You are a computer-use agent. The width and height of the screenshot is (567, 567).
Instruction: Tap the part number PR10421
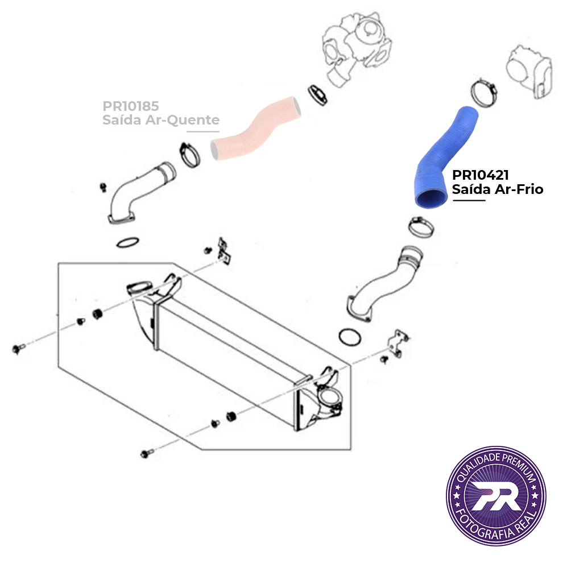coord(480,175)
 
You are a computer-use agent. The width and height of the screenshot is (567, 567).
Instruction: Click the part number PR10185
coord(131,106)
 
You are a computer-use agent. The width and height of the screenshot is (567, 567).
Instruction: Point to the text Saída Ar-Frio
coord(498,189)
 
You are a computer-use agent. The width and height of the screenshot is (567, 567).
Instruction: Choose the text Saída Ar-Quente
coord(161,119)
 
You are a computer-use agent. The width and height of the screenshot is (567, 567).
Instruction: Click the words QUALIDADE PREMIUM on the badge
coord(496,464)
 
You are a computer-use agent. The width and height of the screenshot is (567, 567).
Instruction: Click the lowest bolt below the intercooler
coord(147,453)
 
